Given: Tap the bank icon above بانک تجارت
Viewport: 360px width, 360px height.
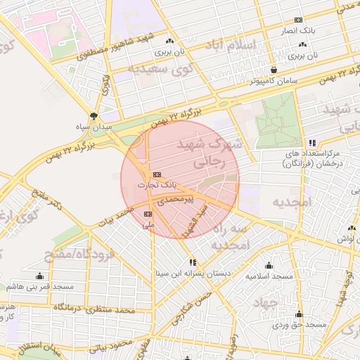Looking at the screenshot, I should click(x=156, y=174).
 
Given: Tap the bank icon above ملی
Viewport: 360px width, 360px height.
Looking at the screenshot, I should click(x=148, y=213).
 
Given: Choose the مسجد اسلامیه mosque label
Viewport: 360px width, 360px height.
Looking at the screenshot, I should click(x=269, y=276).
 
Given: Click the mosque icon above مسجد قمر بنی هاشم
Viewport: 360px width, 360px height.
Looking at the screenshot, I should click(x=39, y=276).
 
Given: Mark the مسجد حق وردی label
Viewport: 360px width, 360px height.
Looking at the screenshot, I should click(x=300, y=325).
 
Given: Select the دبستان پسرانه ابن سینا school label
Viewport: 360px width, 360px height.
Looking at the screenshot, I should click(x=193, y=274).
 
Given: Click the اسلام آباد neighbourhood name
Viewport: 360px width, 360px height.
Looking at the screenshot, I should click(x=234, y=48).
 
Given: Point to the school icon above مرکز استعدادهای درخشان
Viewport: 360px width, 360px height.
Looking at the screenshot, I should click(x=312, y=142).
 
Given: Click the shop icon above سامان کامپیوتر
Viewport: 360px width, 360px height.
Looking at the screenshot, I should click(x=274, y=70).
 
